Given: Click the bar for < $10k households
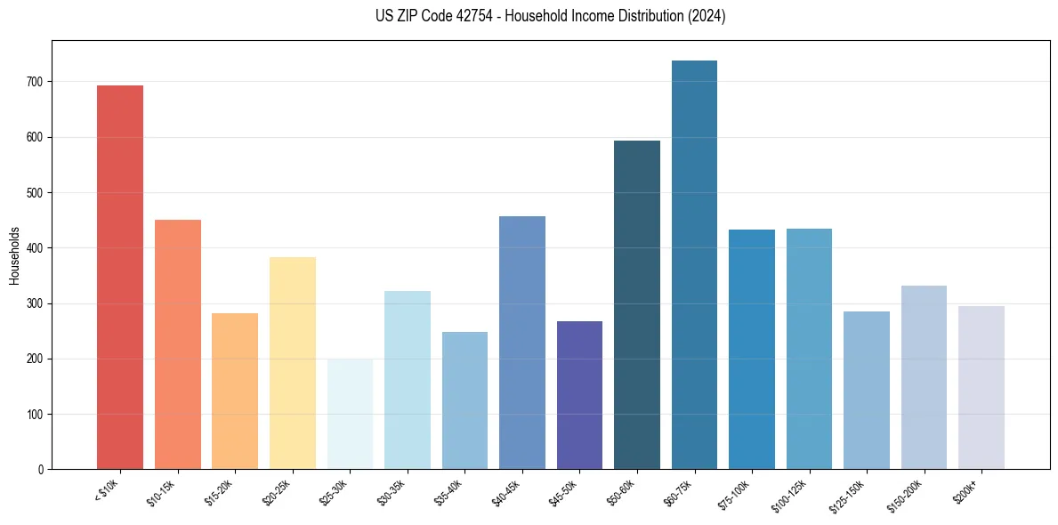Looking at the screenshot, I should tap(120, 277).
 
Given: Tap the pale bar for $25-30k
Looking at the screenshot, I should tap(350, 414).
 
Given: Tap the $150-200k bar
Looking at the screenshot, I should tap(924, 377).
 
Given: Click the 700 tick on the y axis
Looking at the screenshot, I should tap(34, 82).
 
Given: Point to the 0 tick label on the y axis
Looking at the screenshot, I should tap(40, 470).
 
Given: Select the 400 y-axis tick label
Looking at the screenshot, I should tap(34, 248).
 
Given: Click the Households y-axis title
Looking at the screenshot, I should tap(14, 254).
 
